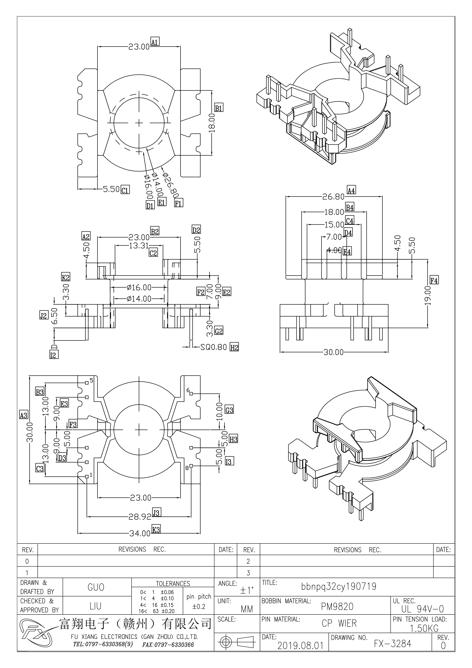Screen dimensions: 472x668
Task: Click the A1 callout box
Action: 155,42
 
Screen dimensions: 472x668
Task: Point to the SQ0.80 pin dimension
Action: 214,347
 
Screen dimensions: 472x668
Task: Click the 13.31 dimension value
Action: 139,246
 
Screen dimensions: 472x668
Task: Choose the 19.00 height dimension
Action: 427,295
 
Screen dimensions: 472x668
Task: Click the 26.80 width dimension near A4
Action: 333,197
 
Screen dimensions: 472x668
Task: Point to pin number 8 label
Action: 187,468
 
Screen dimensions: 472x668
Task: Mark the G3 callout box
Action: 229,410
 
